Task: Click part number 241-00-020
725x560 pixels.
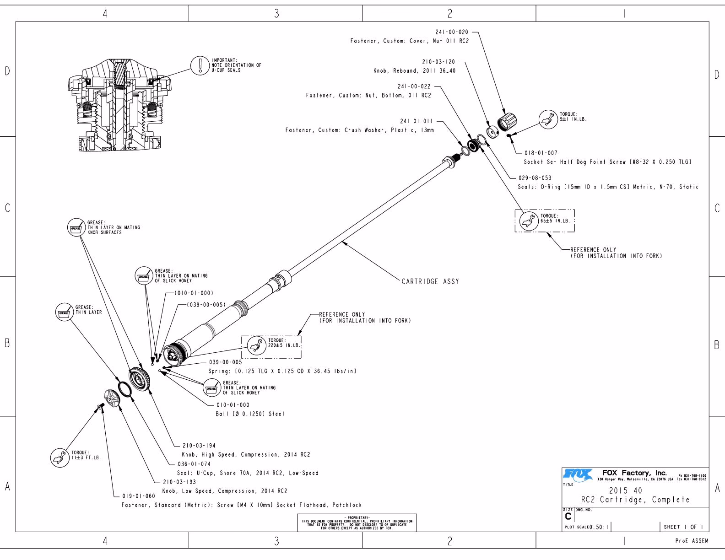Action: [x=452, y=32]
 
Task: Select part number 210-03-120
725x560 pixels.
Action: [x=438, y=62]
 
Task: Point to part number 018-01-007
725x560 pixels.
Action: [x=541, y=153]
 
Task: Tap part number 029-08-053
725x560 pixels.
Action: [x=535, y=178]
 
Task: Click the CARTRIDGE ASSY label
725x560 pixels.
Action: [x=430, y=281]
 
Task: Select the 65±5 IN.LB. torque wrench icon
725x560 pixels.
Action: [x=530, y=221]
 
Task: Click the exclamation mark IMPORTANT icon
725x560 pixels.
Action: [x=200, y=65]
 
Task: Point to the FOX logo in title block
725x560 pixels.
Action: [x=577, y=474]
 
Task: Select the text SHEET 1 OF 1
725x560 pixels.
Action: [x=683, y=527]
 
